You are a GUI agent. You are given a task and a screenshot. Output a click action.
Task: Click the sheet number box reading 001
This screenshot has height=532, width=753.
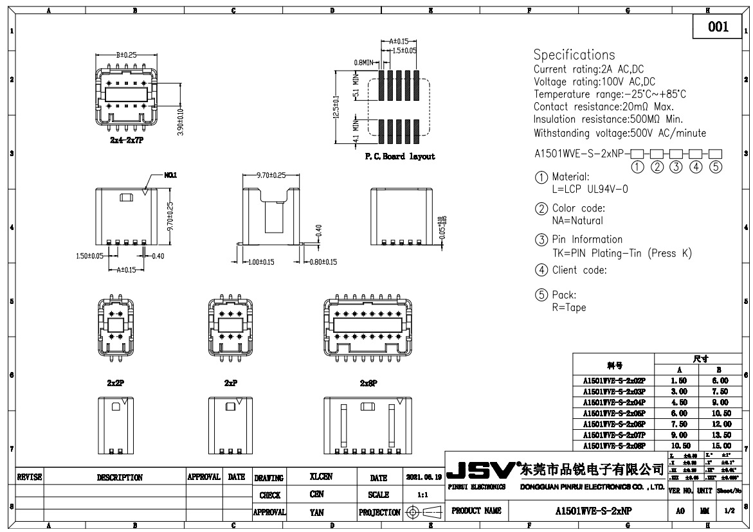[718, 26]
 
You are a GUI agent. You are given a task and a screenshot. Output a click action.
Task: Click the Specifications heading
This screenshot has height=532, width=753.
[574, 55]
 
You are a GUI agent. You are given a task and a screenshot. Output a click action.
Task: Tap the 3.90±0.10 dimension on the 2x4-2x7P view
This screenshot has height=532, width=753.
[181, 121]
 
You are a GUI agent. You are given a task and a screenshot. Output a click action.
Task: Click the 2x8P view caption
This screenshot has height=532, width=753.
[368, 383]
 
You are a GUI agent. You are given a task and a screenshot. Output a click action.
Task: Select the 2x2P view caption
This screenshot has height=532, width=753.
[116, 383]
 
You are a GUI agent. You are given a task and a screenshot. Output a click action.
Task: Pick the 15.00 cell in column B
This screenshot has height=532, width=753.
[721, 445]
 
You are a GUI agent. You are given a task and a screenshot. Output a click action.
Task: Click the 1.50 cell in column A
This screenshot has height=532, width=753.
[679, 381]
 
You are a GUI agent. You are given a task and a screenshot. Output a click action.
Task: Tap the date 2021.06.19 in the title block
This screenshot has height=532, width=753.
[424, 477]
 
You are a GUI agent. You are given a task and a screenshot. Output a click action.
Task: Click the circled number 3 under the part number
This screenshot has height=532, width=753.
[676, 166]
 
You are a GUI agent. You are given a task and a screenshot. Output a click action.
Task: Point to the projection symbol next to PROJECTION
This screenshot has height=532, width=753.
[424, 512]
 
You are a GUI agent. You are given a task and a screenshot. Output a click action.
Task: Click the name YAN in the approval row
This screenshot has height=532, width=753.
[316, 513]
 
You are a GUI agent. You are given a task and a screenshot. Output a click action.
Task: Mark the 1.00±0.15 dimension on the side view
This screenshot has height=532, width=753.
[262, 262]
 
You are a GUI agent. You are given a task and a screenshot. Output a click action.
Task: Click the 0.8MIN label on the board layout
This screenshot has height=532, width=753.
[365, 62]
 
